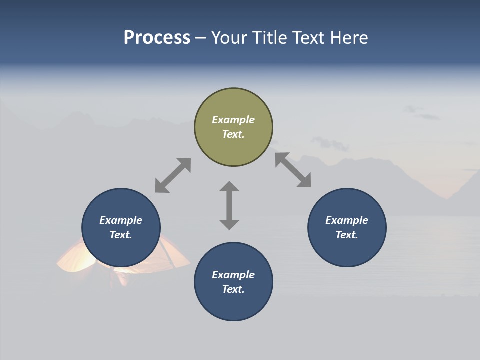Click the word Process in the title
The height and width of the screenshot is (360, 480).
coord(157,38)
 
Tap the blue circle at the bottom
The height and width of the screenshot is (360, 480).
coord(233,305)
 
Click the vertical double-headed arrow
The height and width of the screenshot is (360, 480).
coord(229,205)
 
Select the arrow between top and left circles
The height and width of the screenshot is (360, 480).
coord(173,175)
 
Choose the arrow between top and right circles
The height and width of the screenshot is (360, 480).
coord(293,170)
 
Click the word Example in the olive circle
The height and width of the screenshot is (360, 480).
coord(233,120)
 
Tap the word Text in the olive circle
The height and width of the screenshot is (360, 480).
coord(233,134)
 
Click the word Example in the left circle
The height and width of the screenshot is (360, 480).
coord(121,220)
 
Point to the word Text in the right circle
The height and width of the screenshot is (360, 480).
coord(347,235)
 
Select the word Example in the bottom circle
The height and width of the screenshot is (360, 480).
coord(233,275)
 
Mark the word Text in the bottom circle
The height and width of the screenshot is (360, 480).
coord(233,289)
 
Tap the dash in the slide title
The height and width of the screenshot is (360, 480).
coord(200,38)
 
